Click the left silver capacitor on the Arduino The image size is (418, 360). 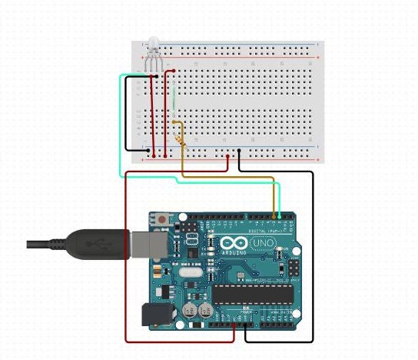[x=189, y=311]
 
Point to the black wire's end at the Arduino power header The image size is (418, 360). [x=244, y=326]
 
